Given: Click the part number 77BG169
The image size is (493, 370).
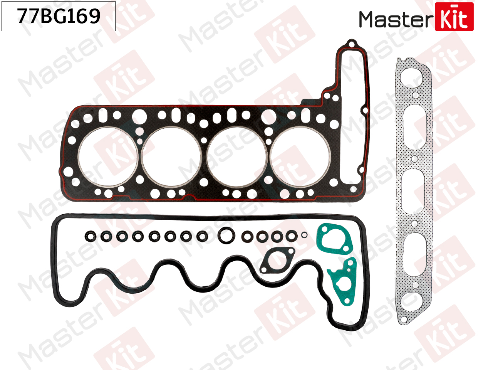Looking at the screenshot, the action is pyautogui.click(x=59, y=16).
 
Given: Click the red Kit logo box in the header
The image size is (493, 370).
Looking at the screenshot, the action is pyautogui.click(x=454, y=17).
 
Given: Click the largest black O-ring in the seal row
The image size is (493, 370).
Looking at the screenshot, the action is pyautogui.click(x=218, y=235).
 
